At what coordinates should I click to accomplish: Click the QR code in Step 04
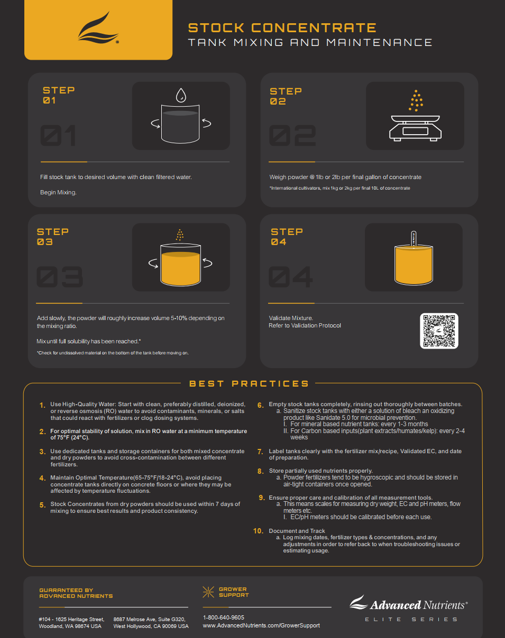[439, 331]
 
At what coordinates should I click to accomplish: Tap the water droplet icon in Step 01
[181, 95]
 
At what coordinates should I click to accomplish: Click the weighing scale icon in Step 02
[415, 128]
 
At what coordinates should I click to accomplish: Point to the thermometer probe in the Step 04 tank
[414, 239]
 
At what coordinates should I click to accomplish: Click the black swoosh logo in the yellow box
[98, 28]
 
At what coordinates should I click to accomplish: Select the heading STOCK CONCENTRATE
[282, 28]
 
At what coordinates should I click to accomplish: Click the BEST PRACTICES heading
[249, 383]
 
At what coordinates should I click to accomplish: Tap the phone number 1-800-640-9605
[224, 617]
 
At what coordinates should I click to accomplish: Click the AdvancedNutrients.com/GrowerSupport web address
[261, 625]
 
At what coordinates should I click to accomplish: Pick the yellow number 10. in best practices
[258, 531]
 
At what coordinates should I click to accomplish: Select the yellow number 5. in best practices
[42, 505]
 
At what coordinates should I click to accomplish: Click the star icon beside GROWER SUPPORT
[208, 592]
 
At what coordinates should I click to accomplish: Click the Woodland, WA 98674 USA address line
[70, 626]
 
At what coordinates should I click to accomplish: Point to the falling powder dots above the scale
[416, 101]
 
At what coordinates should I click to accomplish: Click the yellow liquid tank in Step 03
[180, 265]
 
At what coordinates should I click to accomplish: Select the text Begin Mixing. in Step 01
[58, 192]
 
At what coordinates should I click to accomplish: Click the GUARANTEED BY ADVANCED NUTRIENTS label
[76, 593]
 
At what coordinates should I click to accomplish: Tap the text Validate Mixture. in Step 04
[291, 318]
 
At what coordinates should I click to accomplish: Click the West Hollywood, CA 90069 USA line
[151, 626]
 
